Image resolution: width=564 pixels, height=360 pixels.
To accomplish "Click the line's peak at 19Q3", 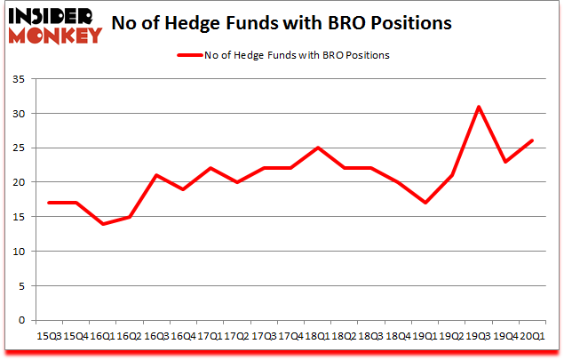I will click(x=479, y=107).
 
